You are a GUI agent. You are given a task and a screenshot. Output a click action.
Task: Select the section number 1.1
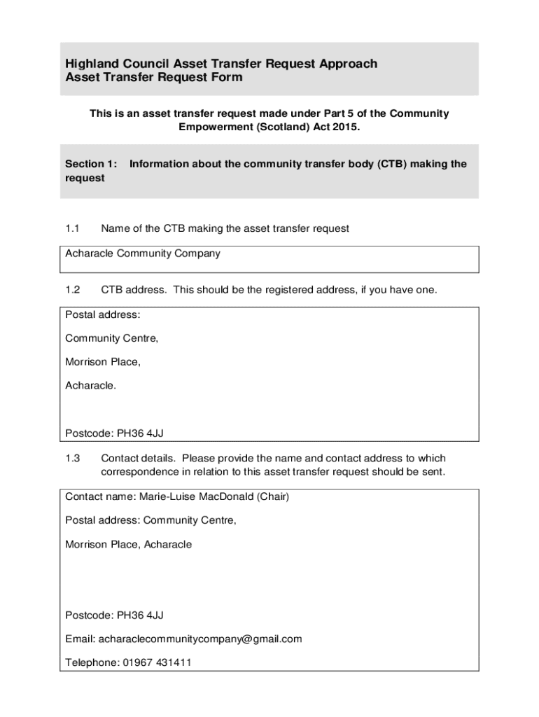tap(73, 228)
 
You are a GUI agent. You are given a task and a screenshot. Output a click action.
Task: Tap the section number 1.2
tap(73, 290)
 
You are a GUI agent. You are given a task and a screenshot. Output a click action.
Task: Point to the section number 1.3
tap(73, 459)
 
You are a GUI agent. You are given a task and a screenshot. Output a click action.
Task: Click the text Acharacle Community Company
tap(143, 253)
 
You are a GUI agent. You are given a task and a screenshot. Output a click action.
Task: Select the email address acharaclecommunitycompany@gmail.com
tap(200, 639)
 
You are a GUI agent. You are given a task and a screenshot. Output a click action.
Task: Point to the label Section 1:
tap(91, 164)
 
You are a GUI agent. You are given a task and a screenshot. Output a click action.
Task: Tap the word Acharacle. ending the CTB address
tap(90, 385)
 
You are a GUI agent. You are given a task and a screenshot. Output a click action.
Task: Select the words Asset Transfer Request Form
tap(154, 78)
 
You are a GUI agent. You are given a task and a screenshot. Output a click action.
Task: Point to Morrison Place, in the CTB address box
tap(103, 362)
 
